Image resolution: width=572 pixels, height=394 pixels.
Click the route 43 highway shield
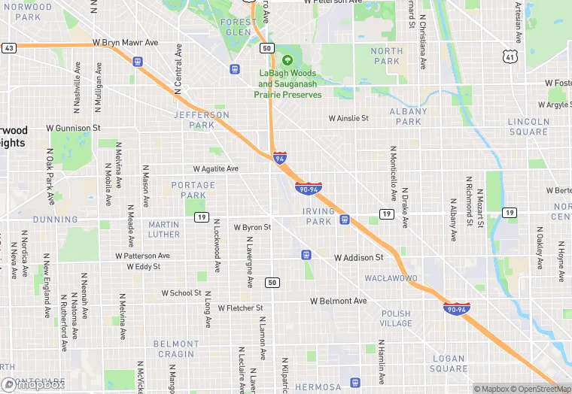[9, 48]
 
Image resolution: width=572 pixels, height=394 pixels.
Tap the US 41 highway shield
[510, 56]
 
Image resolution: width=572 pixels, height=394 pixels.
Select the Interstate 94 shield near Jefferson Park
[280, 158]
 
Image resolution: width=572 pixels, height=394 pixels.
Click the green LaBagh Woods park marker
[287, 60]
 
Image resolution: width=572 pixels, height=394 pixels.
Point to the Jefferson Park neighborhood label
[201, 120]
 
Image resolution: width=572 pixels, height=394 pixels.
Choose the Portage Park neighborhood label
[188, 190]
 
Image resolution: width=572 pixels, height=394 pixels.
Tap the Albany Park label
[409, 117]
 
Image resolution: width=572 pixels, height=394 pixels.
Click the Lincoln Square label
[528, 126]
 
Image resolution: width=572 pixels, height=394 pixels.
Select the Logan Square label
[449, 364]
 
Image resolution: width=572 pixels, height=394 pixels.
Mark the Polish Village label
[396, 318]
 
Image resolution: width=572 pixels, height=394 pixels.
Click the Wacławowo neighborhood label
[391, 278]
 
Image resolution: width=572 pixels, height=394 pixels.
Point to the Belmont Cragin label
[175, 349]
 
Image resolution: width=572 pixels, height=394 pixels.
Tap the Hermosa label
[318, 387]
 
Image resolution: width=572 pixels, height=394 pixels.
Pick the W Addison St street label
[359, 257]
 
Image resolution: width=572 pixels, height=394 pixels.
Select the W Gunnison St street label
[73, 129]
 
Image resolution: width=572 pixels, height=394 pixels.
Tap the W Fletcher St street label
[240, 308]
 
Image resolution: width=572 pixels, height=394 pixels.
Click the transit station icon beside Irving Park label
[344, 220]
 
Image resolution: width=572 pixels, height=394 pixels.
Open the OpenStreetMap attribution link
[540, 389]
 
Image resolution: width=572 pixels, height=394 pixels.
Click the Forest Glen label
[237, 27]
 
